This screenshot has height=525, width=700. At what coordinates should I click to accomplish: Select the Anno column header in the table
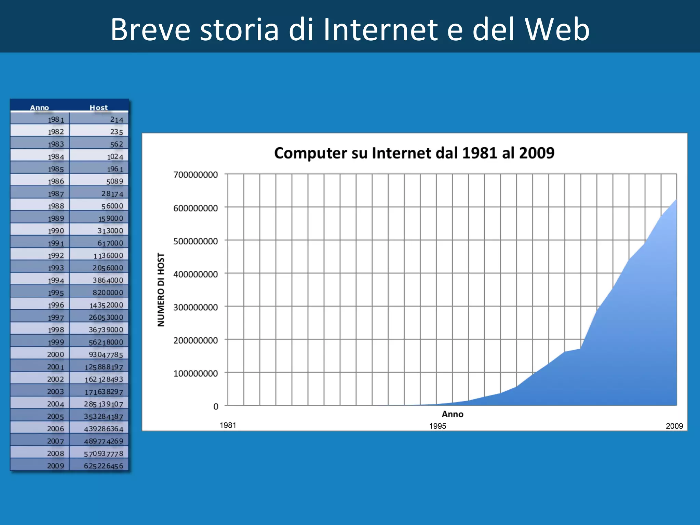pyautogui.click(x=39, y=108)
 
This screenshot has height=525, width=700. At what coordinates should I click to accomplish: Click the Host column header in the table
pyautogui.click(x=98, y=108)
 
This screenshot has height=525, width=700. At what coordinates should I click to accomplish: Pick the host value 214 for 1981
pyautogui.click(x=117, y=120)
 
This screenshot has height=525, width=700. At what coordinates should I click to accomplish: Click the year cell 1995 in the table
pyautogui.click(x=56, y=293)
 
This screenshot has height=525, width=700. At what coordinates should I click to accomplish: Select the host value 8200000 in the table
pyautogui.click(x=108, y=293)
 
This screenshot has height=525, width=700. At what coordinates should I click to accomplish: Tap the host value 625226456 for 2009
pyautogui.click(x=104, y=466)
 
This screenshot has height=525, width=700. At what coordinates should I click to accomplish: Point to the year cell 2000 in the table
pyautogui.click(x=55, y=354)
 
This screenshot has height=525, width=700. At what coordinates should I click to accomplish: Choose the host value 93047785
pyautogui.click(x=106, y=355)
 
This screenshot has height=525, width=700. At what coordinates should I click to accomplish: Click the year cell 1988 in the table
pyautogui.click(x=56, y=206)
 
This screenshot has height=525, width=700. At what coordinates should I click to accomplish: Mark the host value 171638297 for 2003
pyautogui.click(x=104, y=392)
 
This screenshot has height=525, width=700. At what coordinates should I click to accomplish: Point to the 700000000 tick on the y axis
pyautogui.click(x=196, y=175)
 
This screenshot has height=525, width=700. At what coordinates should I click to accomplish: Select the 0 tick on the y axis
pyautogui.click(x=216, y=407)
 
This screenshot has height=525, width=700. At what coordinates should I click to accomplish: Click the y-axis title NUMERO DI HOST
pyautogui.click(x=161, y=290)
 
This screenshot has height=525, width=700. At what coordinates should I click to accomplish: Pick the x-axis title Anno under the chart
pyautogui.click(x=453, y=414)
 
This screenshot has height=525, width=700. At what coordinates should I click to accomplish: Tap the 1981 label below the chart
pyautogui.click(x=228, y=425)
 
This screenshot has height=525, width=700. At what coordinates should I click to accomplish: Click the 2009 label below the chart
pyautogui.click(x=674, y=426)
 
